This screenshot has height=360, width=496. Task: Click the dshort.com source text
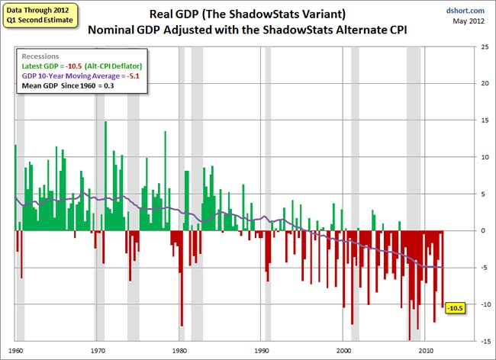pos(466,11)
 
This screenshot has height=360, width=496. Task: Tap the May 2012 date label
pos(469,21)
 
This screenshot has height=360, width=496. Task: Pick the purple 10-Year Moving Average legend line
pos(84,76)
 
